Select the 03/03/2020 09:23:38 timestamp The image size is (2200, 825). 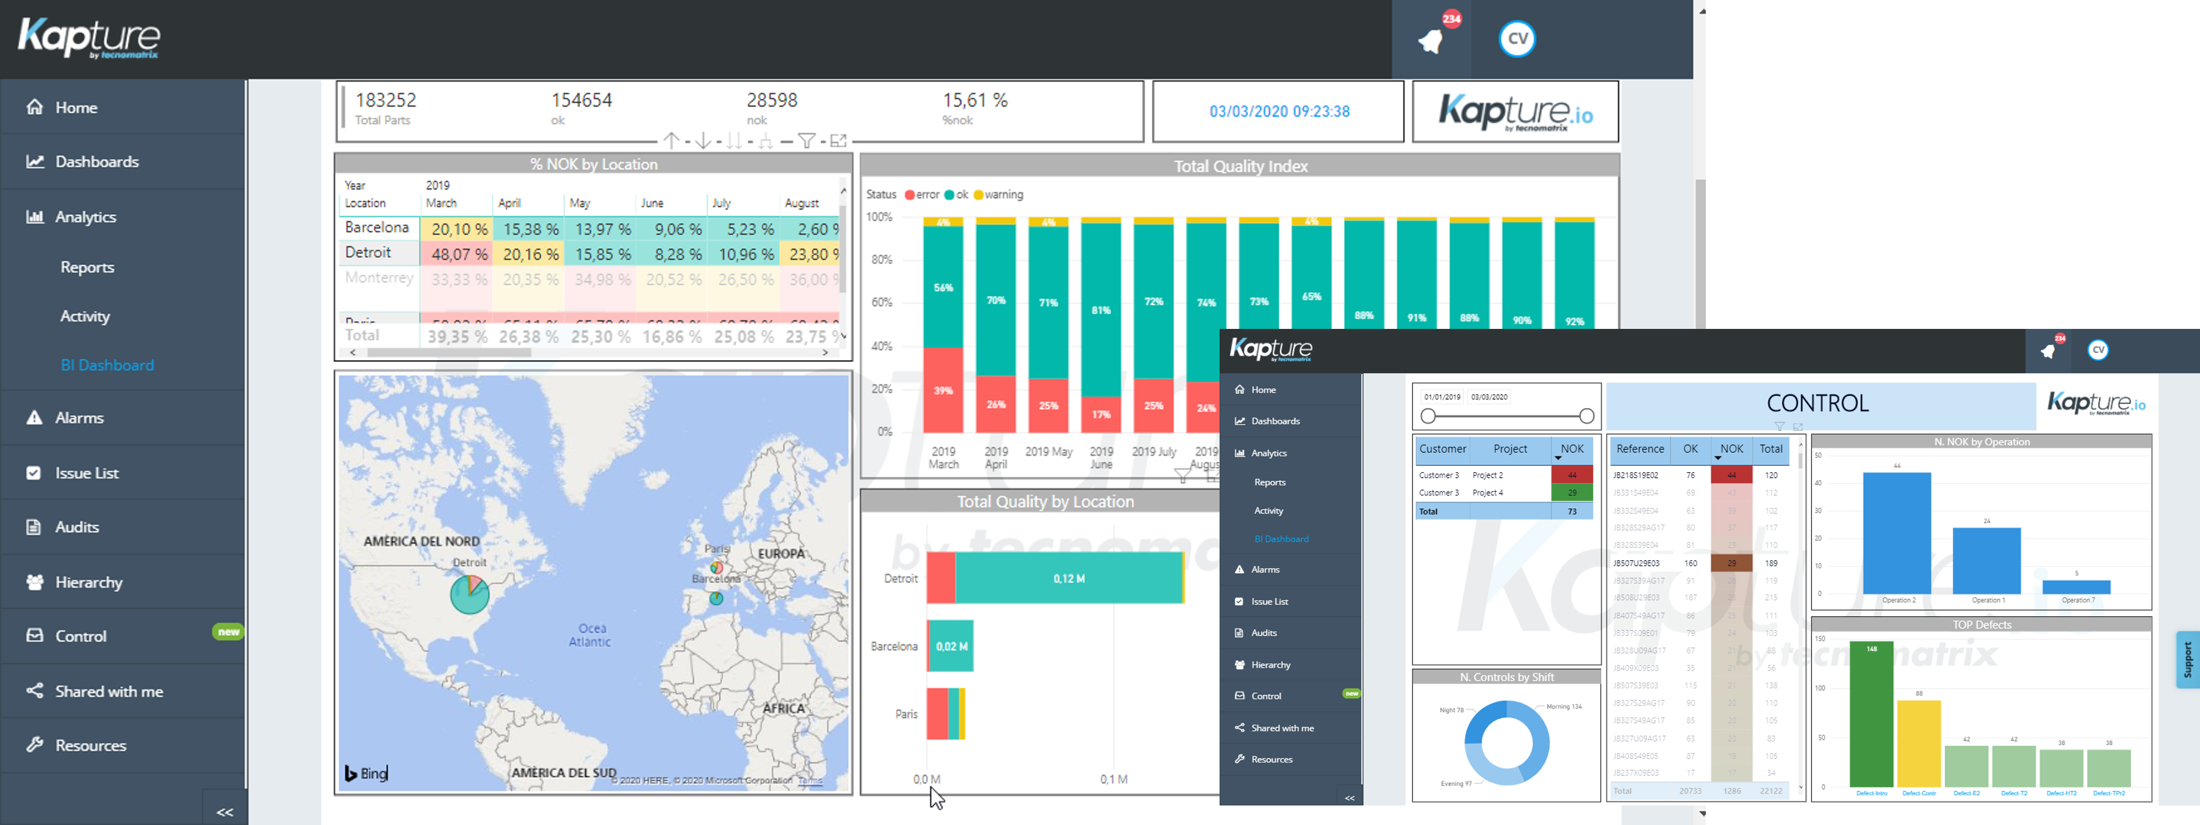coord(1279,112)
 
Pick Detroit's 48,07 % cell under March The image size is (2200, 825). coord(459,254)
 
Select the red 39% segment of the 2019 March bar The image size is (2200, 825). coord(943,391)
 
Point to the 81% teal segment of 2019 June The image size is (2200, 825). coord(1101,310)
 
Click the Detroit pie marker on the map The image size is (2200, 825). coord(469,594)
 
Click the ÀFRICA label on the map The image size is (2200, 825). coord(783,708)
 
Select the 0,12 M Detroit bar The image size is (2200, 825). coord(1068,578)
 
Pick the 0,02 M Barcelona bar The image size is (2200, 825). coord(951,646)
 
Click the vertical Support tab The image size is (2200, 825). coord(2187,659)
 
